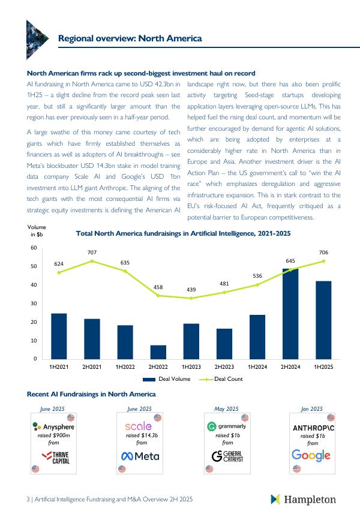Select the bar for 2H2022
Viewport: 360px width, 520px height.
pos(158,352)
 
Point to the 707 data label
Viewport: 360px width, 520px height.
pos(92,253)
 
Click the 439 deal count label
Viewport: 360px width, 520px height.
pos(191,290)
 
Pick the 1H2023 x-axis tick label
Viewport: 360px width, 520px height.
pos(191,366)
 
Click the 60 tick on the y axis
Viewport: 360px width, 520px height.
pos(34,248)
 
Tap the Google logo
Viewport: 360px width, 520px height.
pos(311,455)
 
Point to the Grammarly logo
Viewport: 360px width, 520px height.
pos(227,426)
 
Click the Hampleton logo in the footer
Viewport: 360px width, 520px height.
pos(303,500)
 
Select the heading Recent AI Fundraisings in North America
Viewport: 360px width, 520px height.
pos(91,394)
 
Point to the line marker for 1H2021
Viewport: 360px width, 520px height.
pos(59,273)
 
